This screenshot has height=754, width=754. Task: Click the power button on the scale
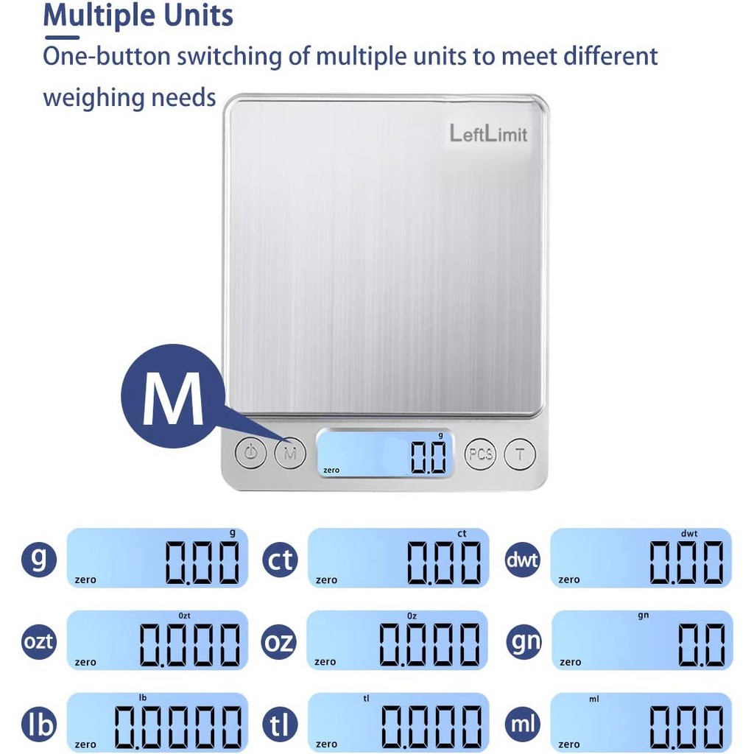pyautogui.click(x=251, y=453)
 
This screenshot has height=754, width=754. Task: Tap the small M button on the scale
pyautogui.click(x=290, y=453)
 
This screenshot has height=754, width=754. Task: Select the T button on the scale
pyautogui.click(x=520, y=454)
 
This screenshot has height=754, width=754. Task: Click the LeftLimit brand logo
pyautogui.click(x=489, y=133)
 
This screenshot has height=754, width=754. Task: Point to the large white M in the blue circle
pyautogui.click(x=172, y=398)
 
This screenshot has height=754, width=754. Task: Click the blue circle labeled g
pyautogui.click(x=38, y=559)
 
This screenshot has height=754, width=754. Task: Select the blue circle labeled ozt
pyautogui.click(x=38, y=641)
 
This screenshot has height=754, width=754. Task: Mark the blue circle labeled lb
pyautogui.click(x=38, y=724)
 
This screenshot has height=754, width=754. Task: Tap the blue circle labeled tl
pyautogui.click(x=279, y=725)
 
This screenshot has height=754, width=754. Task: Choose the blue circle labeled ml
pyautogui.click(x=523, y=724)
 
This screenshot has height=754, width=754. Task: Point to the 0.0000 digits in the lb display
pyautogui.click(x=178, y=727)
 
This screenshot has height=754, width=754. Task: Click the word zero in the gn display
pyautogui.click(x=570, y=662)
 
